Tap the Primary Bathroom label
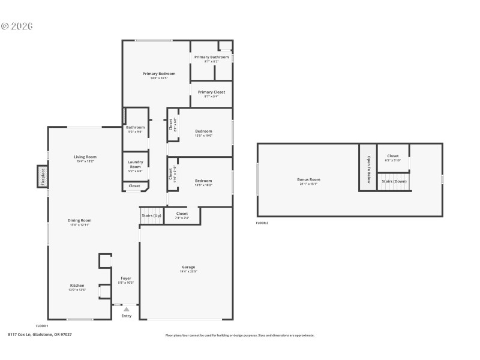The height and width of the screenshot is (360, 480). coord(211,57)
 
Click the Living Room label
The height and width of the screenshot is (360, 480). coord(85,157)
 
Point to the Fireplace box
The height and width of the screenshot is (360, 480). coord(43,177)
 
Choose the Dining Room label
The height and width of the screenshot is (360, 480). coord(79,220)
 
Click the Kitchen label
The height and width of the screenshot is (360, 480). coord(77,286)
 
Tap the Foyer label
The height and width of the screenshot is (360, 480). coord(126,278)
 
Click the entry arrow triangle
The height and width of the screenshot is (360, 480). coord(126,309)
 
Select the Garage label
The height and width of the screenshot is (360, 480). coord(188,267)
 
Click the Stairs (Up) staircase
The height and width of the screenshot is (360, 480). coord(151,218)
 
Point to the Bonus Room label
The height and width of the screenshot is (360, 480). coord(308,179)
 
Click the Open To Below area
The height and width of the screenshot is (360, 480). coord(368,167)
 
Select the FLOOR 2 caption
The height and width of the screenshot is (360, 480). coord(262,223)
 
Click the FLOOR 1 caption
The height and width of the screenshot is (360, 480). coord(42,326)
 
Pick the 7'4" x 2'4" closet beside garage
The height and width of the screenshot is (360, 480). coord(182,214)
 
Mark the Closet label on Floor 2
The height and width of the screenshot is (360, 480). coord(392,156)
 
